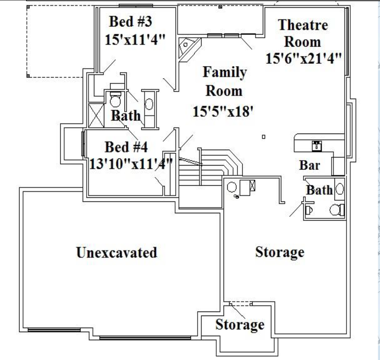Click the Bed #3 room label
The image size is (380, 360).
tap(130, 21)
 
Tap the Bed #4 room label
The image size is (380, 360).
tap(126, 147)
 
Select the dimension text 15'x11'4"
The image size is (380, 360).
tap(135, 39)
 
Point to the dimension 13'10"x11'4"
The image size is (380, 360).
tap(131, 164)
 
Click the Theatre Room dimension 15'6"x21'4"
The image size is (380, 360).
tap(304, 58)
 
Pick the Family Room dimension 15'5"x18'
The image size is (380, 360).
tap(223, 112)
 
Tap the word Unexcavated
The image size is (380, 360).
tap(117, 252)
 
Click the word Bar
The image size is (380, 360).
tap(310, 165)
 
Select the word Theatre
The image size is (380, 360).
tap(303, 25)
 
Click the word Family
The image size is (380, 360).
tap(225, 72)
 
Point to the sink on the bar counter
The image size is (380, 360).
tap(317, 146)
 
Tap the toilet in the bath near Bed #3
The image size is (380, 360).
tap(115, 99)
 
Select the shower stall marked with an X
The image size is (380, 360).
tap(96, 116)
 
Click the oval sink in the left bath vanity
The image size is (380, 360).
tap(149, 104)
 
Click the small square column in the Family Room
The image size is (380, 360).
tap(264, 137)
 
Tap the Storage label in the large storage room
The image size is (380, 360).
tap(280, 252)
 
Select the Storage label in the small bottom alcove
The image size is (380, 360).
tap(240, 325)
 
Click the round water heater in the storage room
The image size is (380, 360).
tap(232, 187)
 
